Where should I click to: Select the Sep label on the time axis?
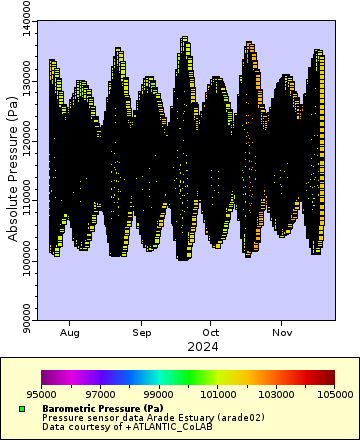[143, 331]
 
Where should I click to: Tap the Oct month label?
[211, 331]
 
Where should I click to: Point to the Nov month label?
[283, 331]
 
